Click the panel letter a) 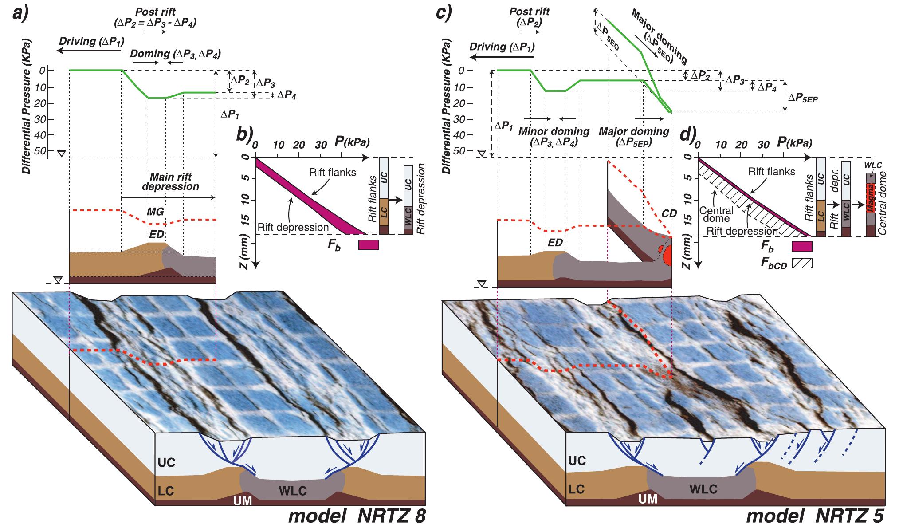click(x=20, y=14)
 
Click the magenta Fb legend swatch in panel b click(x=369, y=245)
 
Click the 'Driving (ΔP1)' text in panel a click(x=91, y=42)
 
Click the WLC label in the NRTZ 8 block click(x=292, y=491)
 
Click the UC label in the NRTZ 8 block click(x=167, y=463)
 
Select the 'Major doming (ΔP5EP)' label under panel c click(x=634, y=137)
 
